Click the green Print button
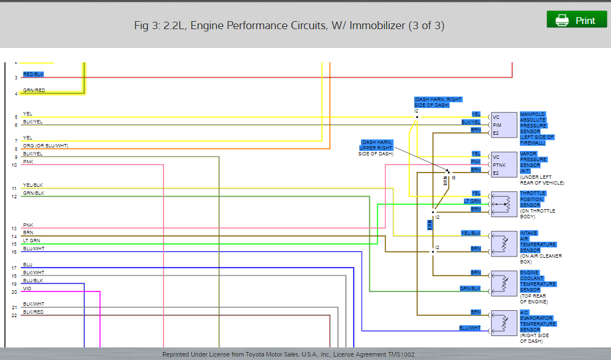[x=576, y=20]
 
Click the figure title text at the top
[x=289, y=25]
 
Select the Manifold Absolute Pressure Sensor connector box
[x=503, y=125]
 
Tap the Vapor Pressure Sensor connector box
[x=503, y=165]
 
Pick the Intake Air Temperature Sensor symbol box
[x=503, y=244]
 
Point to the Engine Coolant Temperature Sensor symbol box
[x=503, y=283]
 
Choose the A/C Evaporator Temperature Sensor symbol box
[x=503, y=323]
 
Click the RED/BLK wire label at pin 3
[x=33, y=74]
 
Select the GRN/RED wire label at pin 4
[x=34, y=90]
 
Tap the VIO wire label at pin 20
[x=27, y=289]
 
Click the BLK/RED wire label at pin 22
[x=33, y=312]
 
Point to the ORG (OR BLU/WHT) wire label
[x=46, y=146]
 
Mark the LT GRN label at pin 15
[x=31, y=241]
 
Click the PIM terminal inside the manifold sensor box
[x=497, y=125]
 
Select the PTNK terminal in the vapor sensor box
[x=499, y=165]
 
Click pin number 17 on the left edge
[x=14, y=268]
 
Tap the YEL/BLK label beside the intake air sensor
[x=471, y=233]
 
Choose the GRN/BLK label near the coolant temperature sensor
[x=470, y=289]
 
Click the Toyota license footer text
[x=288, y=354]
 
